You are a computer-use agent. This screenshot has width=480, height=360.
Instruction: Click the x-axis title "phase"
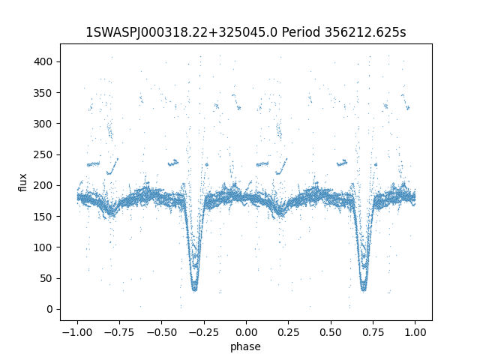[x=246, y=346]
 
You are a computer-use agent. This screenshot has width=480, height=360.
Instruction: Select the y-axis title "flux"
[x=23, y=182]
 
